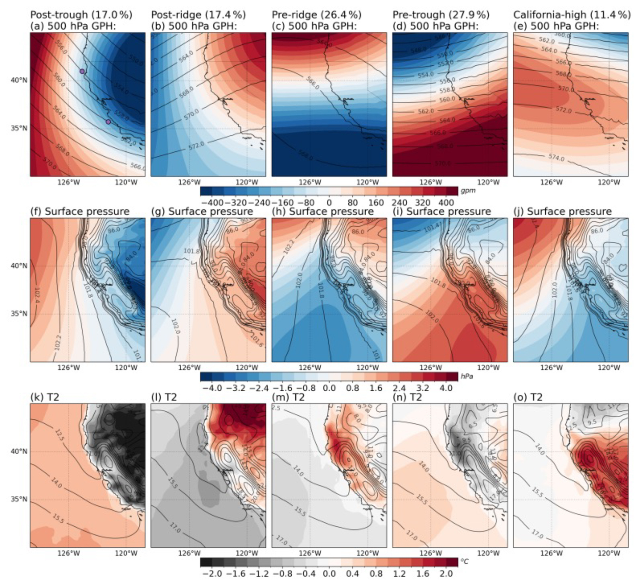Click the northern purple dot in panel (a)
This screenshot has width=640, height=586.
click(x=82, y=71)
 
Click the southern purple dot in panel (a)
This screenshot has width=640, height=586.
click(x=108, y=122)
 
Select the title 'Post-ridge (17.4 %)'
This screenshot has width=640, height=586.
click(x=198, y=15)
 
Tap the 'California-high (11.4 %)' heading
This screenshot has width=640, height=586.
click(x=572, y=15)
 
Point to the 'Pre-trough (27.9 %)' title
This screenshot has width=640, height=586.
click(x=441, y=15)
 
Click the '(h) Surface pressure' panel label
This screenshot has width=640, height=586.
click(x=323, y=212)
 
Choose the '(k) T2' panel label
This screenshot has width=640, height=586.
click(x=45, y=397)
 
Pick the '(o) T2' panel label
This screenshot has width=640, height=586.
click(x=528, y=397)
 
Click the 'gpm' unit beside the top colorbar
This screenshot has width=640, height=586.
click(x=468, y=191)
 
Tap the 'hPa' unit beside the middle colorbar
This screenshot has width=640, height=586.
click(x=467, y=376)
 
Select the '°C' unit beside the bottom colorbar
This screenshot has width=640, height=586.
click(x=464, y=561)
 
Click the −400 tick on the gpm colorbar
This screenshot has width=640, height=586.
click(x=212, y=203)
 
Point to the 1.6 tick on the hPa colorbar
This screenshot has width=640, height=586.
click(x=376, y=388)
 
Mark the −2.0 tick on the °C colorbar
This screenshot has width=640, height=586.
click(x=212, y=573)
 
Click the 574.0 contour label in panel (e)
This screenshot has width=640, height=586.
click(x=556, y=157)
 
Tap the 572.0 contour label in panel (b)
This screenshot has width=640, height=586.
click(x=197, y=145)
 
